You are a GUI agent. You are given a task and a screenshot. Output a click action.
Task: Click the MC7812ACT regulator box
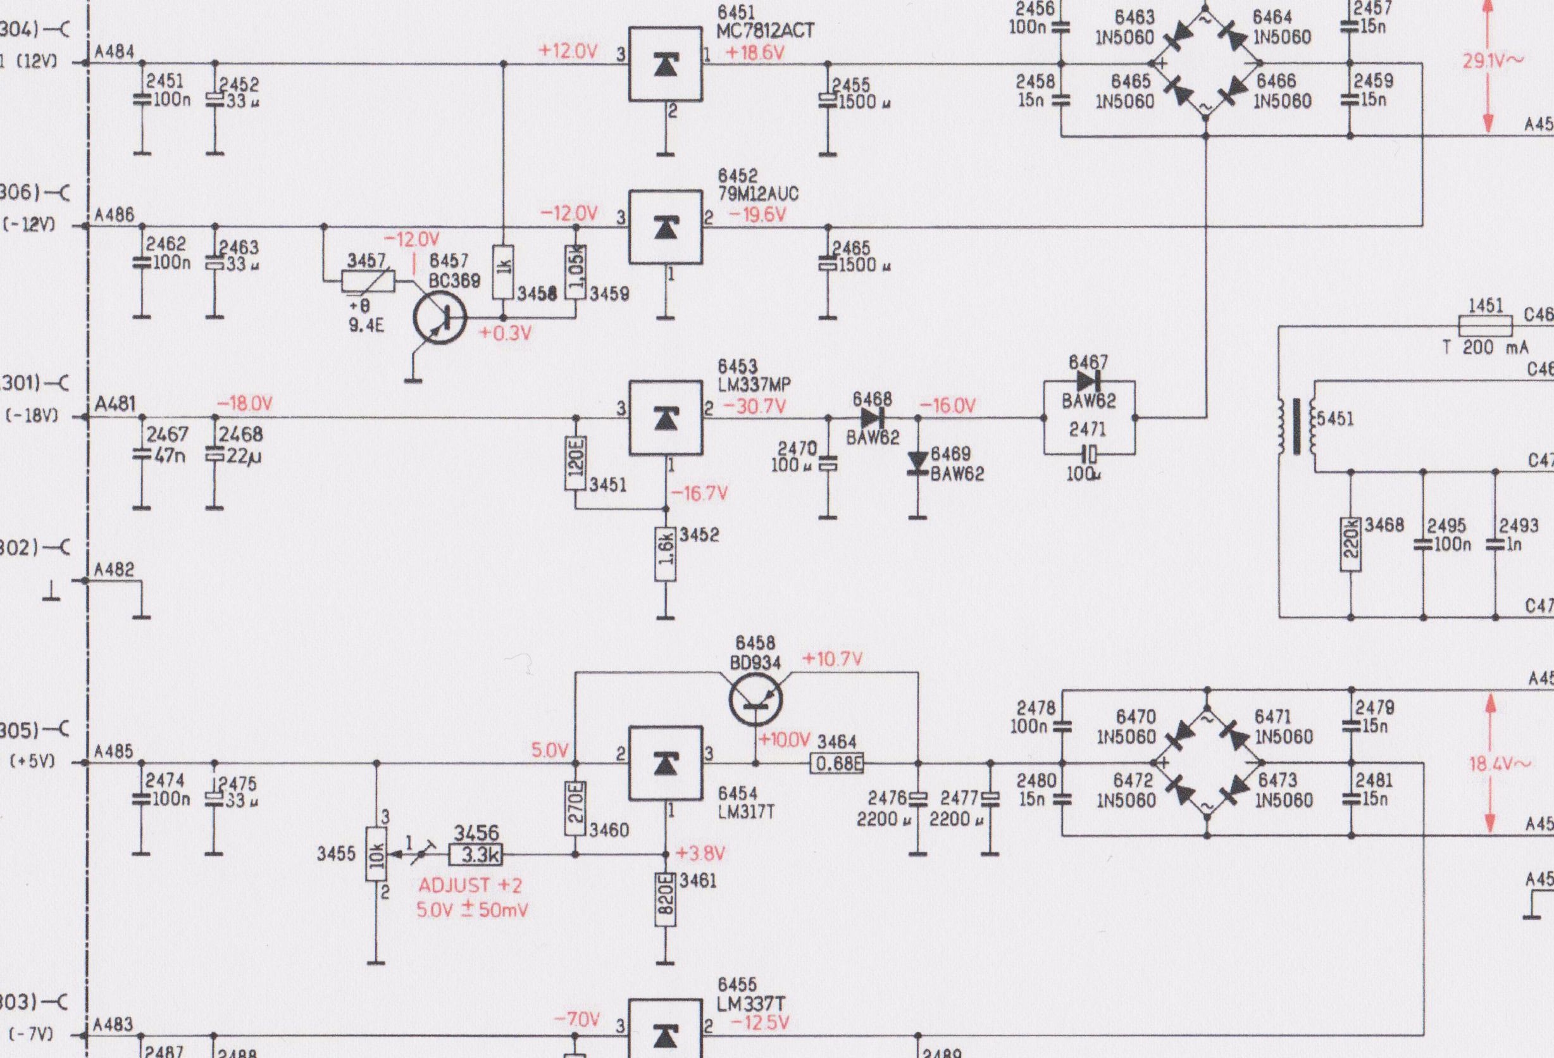(666, 64)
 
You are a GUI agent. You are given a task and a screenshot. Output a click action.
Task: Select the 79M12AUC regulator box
(666, 227)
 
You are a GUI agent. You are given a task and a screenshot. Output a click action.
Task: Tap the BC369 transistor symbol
(440, 318)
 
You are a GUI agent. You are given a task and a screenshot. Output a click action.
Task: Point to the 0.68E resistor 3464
(836, 763)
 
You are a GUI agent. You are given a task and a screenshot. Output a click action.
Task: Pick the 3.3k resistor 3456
(476, 855)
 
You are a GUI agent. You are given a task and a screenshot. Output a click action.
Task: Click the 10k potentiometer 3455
(376, 854)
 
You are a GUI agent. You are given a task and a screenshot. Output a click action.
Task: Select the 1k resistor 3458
(504, 271)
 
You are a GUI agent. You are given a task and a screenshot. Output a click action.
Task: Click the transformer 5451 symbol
(1298, 426)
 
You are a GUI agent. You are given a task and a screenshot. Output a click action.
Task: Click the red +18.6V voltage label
(755, 53)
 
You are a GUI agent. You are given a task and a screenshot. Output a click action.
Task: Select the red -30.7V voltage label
(754, 406)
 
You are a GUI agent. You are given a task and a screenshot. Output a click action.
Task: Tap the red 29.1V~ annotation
(1493, 61)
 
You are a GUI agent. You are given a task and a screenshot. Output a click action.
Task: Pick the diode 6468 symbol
(873, 418)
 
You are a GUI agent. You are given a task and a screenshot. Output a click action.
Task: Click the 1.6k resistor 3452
(666, 555)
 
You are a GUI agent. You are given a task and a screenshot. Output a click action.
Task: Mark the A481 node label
(115, 404)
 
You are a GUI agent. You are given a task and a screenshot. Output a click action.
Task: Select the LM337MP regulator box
(666, 418)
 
